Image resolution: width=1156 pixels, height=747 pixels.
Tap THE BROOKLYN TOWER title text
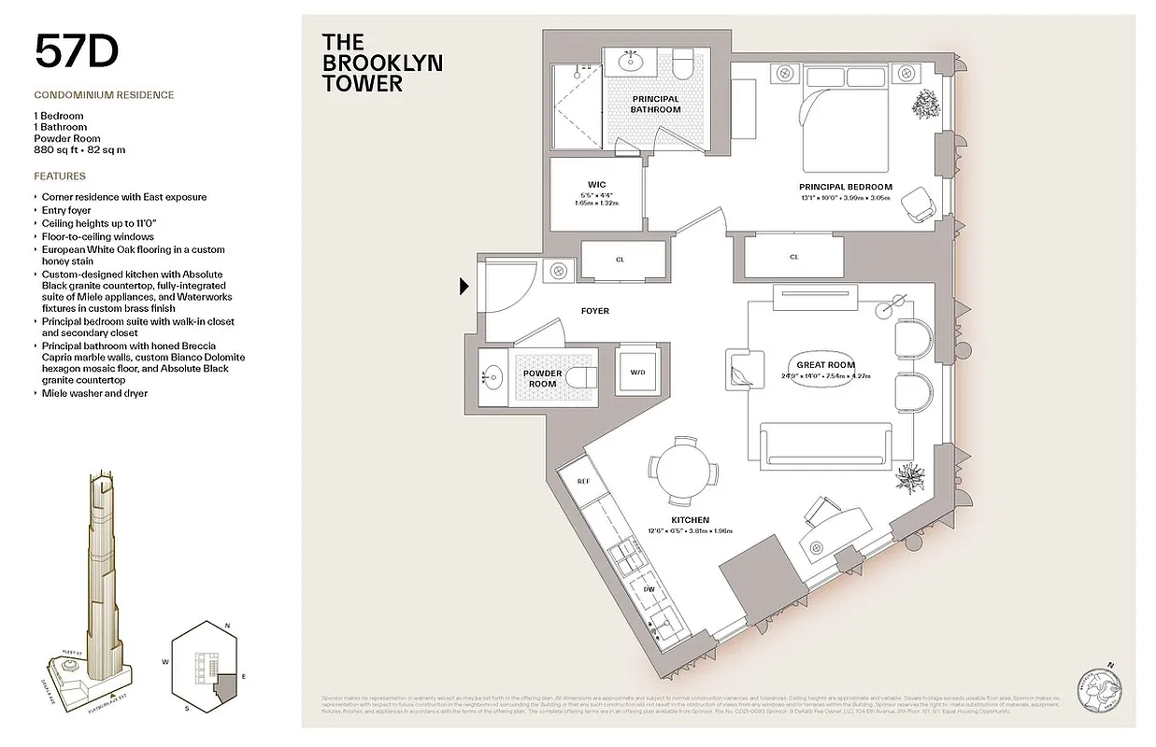tap(381, 63)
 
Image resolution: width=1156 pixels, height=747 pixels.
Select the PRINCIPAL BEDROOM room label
tap(845, 187)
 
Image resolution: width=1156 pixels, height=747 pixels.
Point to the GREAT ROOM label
tap(825, 365)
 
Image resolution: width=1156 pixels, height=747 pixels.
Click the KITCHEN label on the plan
tap(690, 520)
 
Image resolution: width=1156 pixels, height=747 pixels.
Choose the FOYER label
tap(594, 311)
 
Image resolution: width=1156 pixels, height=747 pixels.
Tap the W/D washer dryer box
tap(637, 372)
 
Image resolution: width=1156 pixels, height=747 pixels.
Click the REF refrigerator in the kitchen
tap(583, 482)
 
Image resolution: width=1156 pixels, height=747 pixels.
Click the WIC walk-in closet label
tap(597, 184)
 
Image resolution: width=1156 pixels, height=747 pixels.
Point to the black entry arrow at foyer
tap(464, 287)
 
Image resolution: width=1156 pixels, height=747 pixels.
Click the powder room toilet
tap(581, 377)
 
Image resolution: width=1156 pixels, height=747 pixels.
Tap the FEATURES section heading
tap(60, 176)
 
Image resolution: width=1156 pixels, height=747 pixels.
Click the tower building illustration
tap(102, 579)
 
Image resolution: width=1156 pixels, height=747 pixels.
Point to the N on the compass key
tap(228, 625)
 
